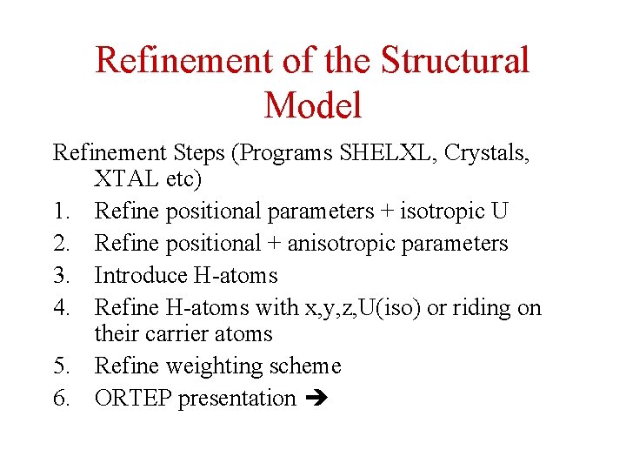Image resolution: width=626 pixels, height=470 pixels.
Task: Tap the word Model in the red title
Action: click(x=312, y=106)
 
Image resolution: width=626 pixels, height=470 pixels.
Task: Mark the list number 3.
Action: click(x=60, y=275)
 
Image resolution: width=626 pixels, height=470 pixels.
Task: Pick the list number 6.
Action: click(x=60, y=398)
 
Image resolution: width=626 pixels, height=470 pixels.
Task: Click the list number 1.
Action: click(x=60, y=211)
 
